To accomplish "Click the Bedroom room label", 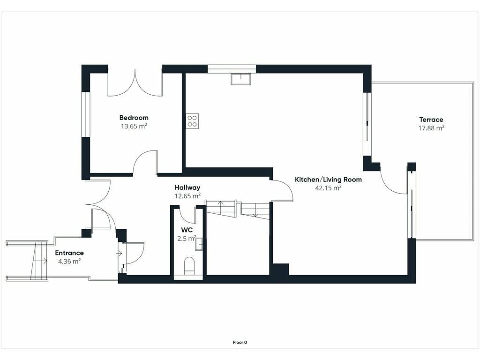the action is (134, 118).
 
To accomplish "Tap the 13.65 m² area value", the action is (134, 126).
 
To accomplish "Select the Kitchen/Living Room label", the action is (328, 180).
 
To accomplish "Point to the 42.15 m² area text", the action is (328, 187).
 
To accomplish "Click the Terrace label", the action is (431, 120).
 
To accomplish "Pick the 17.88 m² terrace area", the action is (431, 128).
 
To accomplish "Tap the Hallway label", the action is (187, 187).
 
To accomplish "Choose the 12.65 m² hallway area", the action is (187, 196).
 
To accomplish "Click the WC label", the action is (187, 230).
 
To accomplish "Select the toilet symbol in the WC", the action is (189, 265).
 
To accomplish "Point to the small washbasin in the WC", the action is (199, 244).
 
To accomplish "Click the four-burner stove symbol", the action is (192, 121).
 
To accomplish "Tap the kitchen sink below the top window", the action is (241, 79).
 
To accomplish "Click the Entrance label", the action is (69, 253).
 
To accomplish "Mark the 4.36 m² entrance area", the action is (69, 262).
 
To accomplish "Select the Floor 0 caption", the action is (240, 343).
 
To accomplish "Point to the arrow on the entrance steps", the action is (39, 261).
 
